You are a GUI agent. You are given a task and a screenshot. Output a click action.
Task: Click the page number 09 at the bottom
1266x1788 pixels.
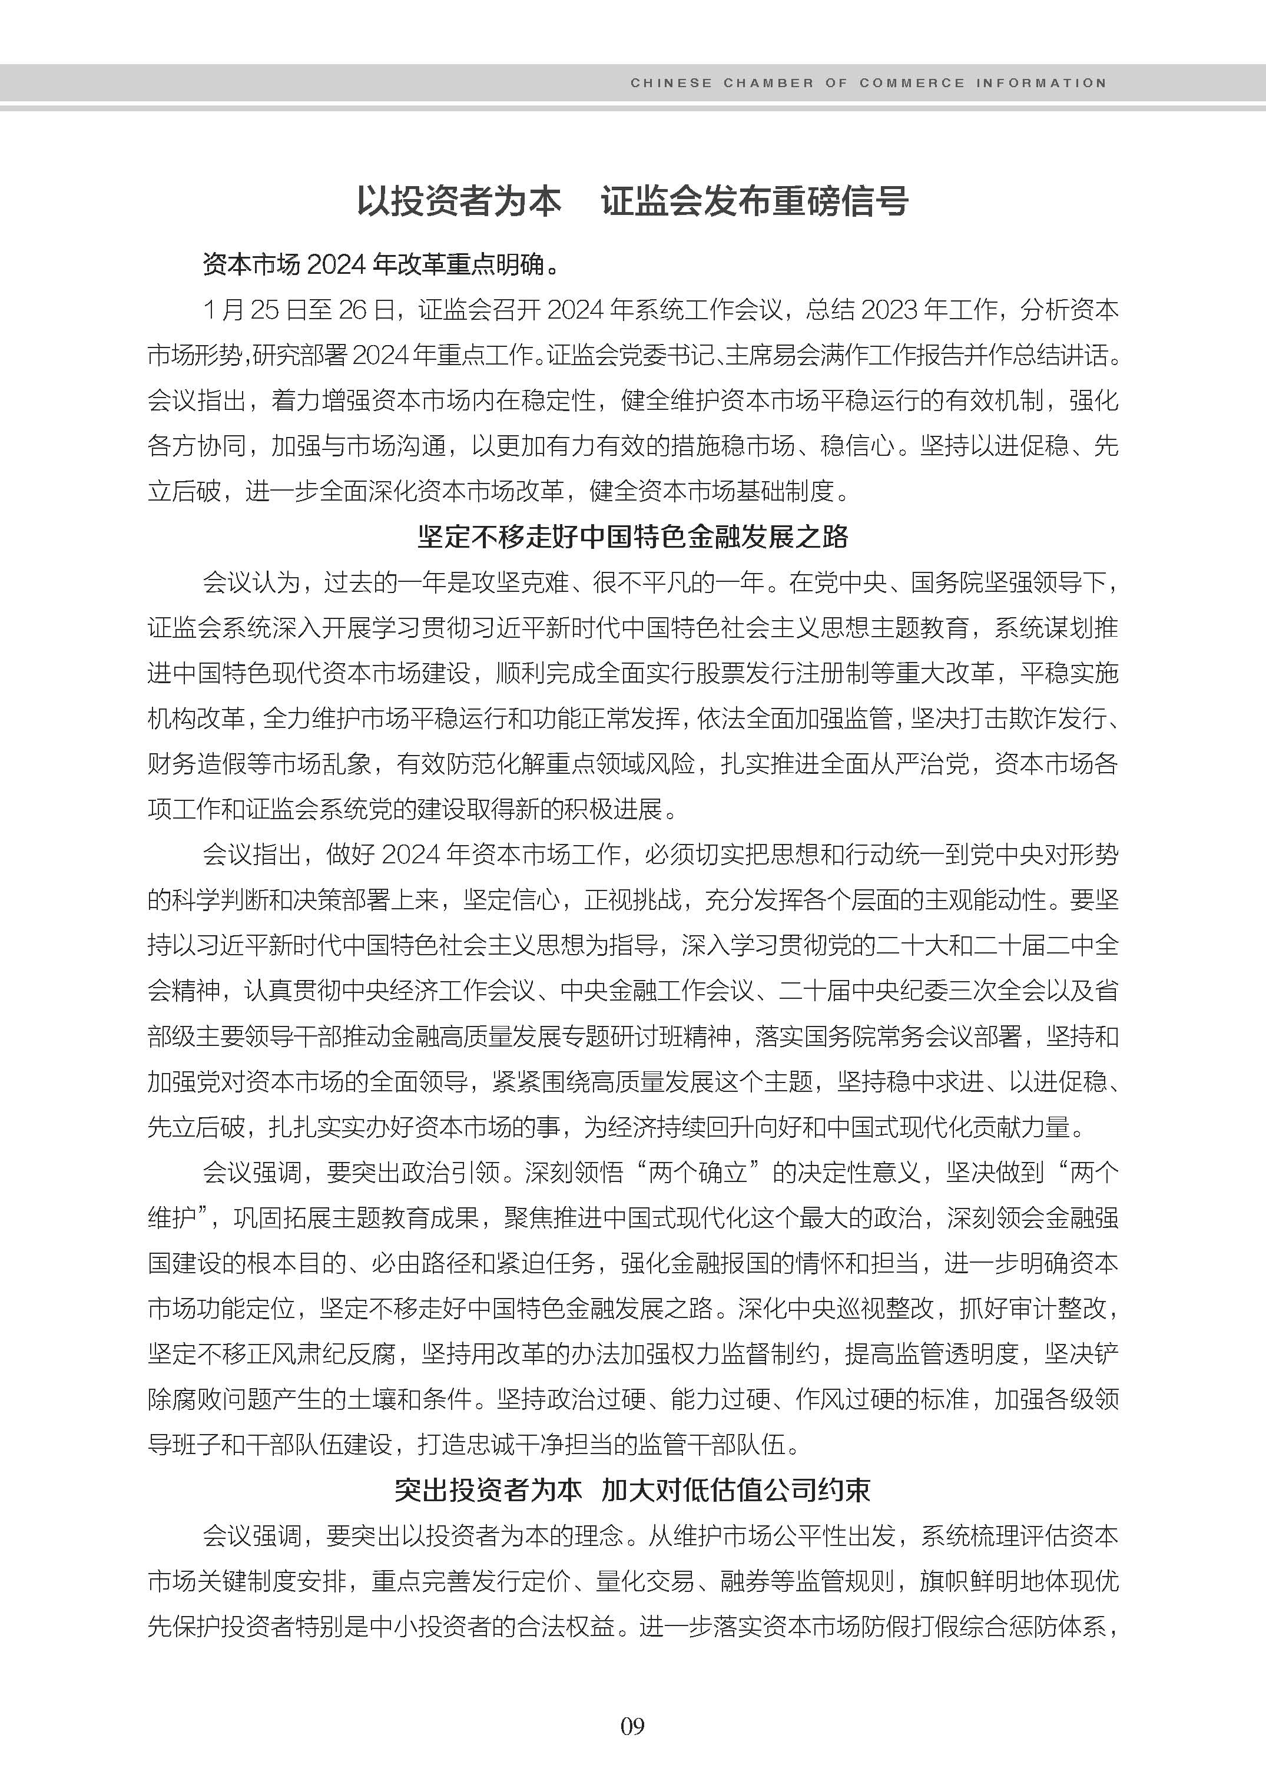632,1726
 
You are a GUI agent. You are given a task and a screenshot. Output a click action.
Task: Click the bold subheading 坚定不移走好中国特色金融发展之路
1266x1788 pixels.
632,537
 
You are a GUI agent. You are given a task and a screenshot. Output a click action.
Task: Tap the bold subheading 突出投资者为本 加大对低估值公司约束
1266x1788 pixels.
632,1490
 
